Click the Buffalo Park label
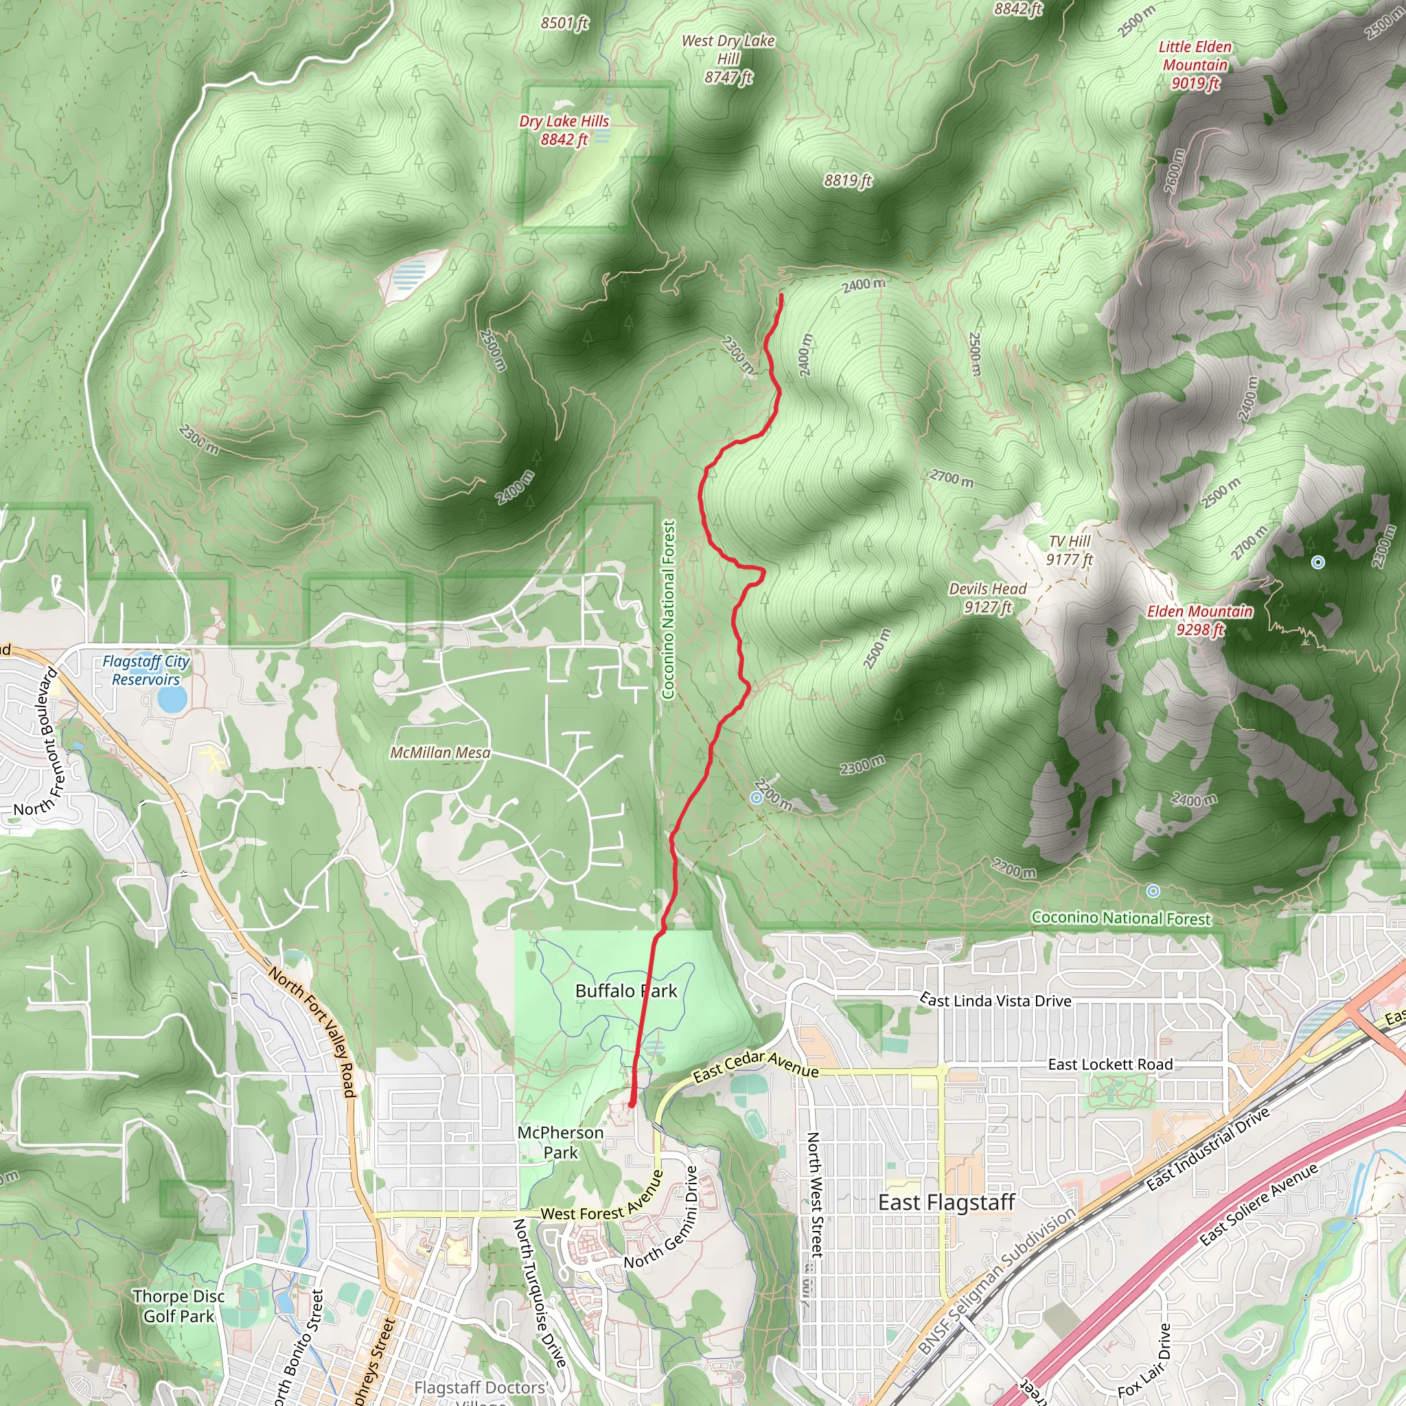click(x=626, y=991)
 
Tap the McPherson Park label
click(x=560, y=1142)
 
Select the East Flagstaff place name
click(x=946, y=1202)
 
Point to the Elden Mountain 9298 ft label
click(x=1200, y=620)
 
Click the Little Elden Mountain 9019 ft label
click(x=1195, y=65)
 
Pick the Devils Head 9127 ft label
click(x=987, y=597)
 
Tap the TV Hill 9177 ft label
click(x=1070, y=550)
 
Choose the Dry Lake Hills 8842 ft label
click(x=564, y=130)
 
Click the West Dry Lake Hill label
click(x=728, y=58)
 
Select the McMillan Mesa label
click(x=440, y=752)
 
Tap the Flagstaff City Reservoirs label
click(x=146, y=670)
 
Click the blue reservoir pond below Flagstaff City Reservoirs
click(x=172, y=700)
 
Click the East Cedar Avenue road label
click(x=755, y=1065)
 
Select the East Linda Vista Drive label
click(x=995, y=1001)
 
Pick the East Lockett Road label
click(x=1110, y=1065)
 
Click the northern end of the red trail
click(x=781, y=295)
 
